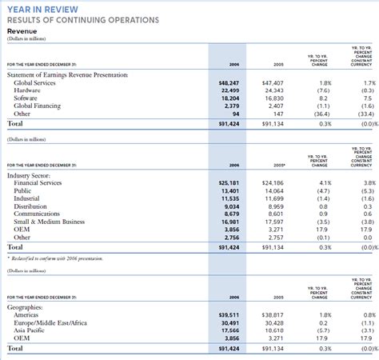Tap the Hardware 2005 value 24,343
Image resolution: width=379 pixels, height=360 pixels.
click(x=273, y=90)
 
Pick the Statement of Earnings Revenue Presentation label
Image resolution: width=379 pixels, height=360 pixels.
click(x=67, y=74)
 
